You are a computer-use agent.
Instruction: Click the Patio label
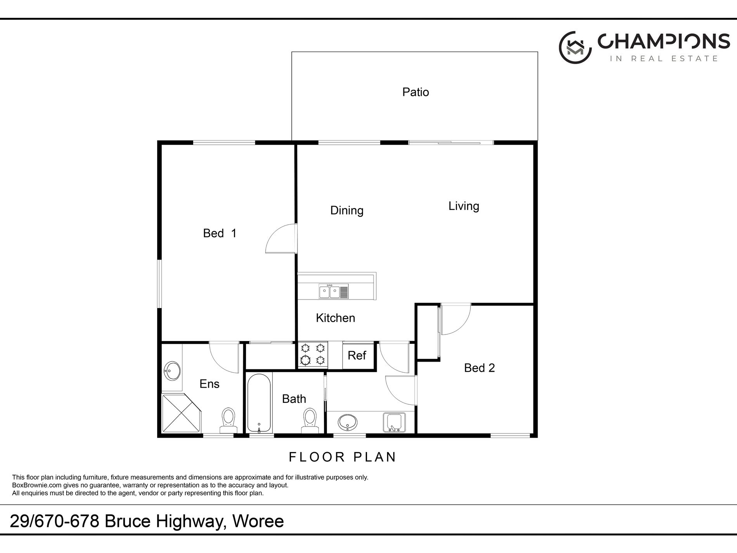click(415, 92)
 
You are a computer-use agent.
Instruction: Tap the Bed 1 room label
click(220, 233)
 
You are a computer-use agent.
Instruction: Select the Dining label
click(347, 210)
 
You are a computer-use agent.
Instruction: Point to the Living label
click(464, 206)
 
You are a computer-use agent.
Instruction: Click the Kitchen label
click(336, 318)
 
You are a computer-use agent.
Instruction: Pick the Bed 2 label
click(479, 368)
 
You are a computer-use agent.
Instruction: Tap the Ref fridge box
click(357, 355)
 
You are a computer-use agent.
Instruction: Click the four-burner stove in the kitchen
click(313, 354)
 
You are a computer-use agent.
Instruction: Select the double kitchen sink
click(334, 291)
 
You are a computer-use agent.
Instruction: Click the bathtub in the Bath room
click(259, 403)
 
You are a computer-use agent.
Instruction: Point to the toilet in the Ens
click(228, 420)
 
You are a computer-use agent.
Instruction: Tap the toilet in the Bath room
click(310, 421)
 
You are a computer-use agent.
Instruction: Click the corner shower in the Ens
click(182, 414)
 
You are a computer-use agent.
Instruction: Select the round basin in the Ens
click(172, 371)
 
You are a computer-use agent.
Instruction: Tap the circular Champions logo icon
click(575, 48)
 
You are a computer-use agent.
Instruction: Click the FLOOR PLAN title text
click(343, 457)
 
